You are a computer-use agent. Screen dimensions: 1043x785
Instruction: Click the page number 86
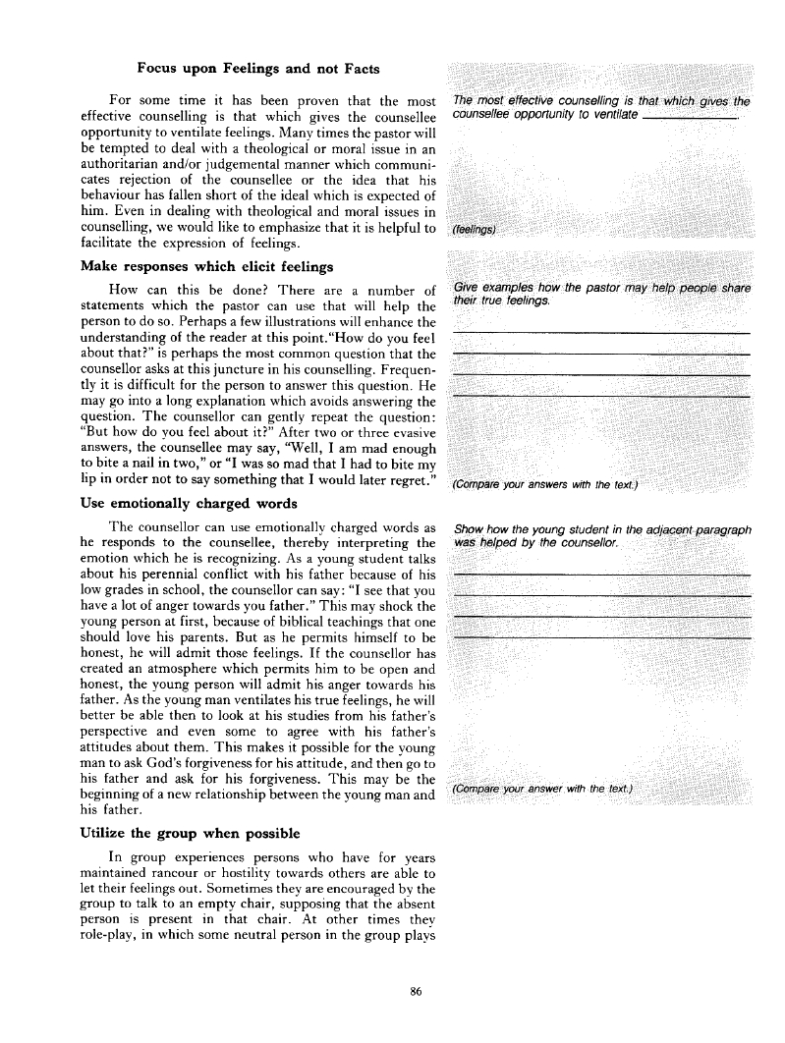click(x=416, y=993)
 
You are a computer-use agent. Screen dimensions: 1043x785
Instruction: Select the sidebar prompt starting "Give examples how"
click(x=600, y=294)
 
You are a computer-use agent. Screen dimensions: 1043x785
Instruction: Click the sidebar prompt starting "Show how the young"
click(x=600, y=536)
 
